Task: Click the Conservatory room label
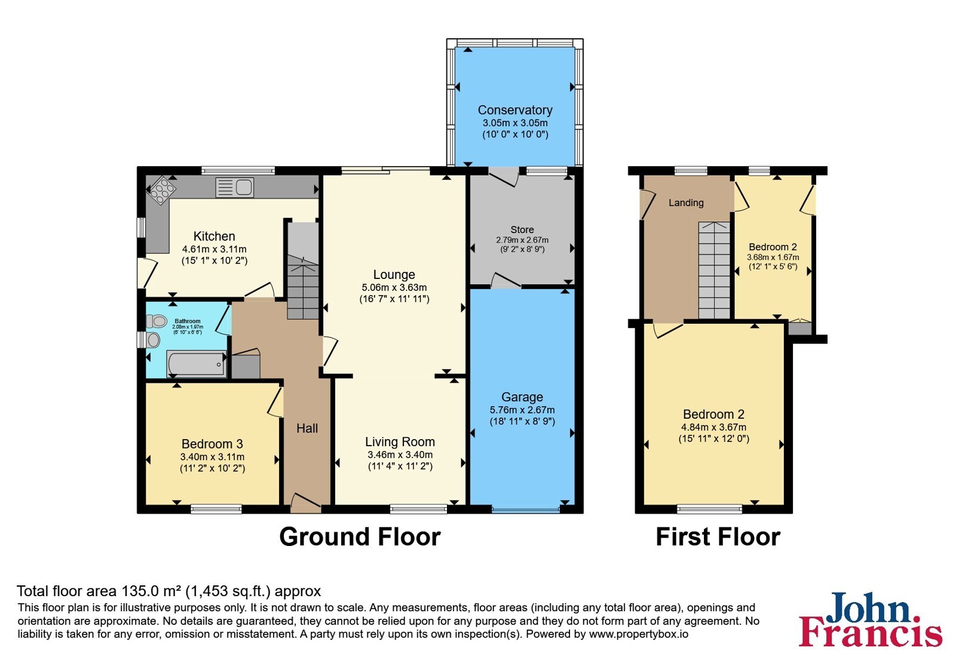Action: coord(514,110)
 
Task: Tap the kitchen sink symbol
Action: coord(235,188)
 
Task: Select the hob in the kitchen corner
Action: coord(161,191)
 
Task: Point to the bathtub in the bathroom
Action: coord(197,364)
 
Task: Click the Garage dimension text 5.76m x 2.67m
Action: coord(522,410)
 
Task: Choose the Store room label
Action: coord(522,229)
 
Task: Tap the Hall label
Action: coord(307,428)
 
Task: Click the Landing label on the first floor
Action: coord(686,202)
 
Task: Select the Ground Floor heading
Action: coord(360,537)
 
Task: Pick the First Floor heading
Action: coord(718,537)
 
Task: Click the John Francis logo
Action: coord(870,619)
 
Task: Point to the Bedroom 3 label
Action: coord(212,444)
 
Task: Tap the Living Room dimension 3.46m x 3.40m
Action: coord(400,455)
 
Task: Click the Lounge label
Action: coord(394,274)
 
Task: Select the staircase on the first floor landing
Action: coord(714,270)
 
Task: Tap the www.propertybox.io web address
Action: coord(639,634)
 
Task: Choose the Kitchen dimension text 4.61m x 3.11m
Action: coord(215,249)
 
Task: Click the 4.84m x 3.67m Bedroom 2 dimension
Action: coord(713,427)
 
